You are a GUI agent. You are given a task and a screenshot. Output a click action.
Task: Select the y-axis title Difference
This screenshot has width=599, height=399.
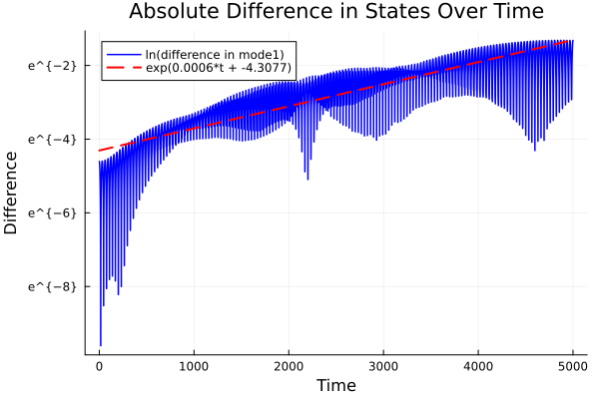click(11, 193)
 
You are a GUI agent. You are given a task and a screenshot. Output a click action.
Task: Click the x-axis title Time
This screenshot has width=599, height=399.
click(335, 385)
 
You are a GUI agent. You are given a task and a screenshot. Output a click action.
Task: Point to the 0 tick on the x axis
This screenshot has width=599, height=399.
click(99, 366)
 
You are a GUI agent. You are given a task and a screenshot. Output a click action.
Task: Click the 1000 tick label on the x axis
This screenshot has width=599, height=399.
click(194, 366)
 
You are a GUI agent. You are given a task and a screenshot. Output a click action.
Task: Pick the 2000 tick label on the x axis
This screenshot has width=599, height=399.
click(289, 366)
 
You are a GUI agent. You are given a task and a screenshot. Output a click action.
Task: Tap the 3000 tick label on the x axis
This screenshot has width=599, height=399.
click(383, 366)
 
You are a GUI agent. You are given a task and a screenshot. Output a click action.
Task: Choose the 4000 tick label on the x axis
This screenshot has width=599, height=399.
click(478, 366)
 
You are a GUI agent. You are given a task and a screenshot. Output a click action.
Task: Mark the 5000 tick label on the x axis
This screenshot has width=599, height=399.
click(572, 366)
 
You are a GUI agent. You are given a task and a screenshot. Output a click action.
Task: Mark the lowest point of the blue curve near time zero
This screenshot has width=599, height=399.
click(100, 345)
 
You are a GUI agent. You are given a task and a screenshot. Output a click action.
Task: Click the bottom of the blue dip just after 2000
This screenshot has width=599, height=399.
click(307, 180)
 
